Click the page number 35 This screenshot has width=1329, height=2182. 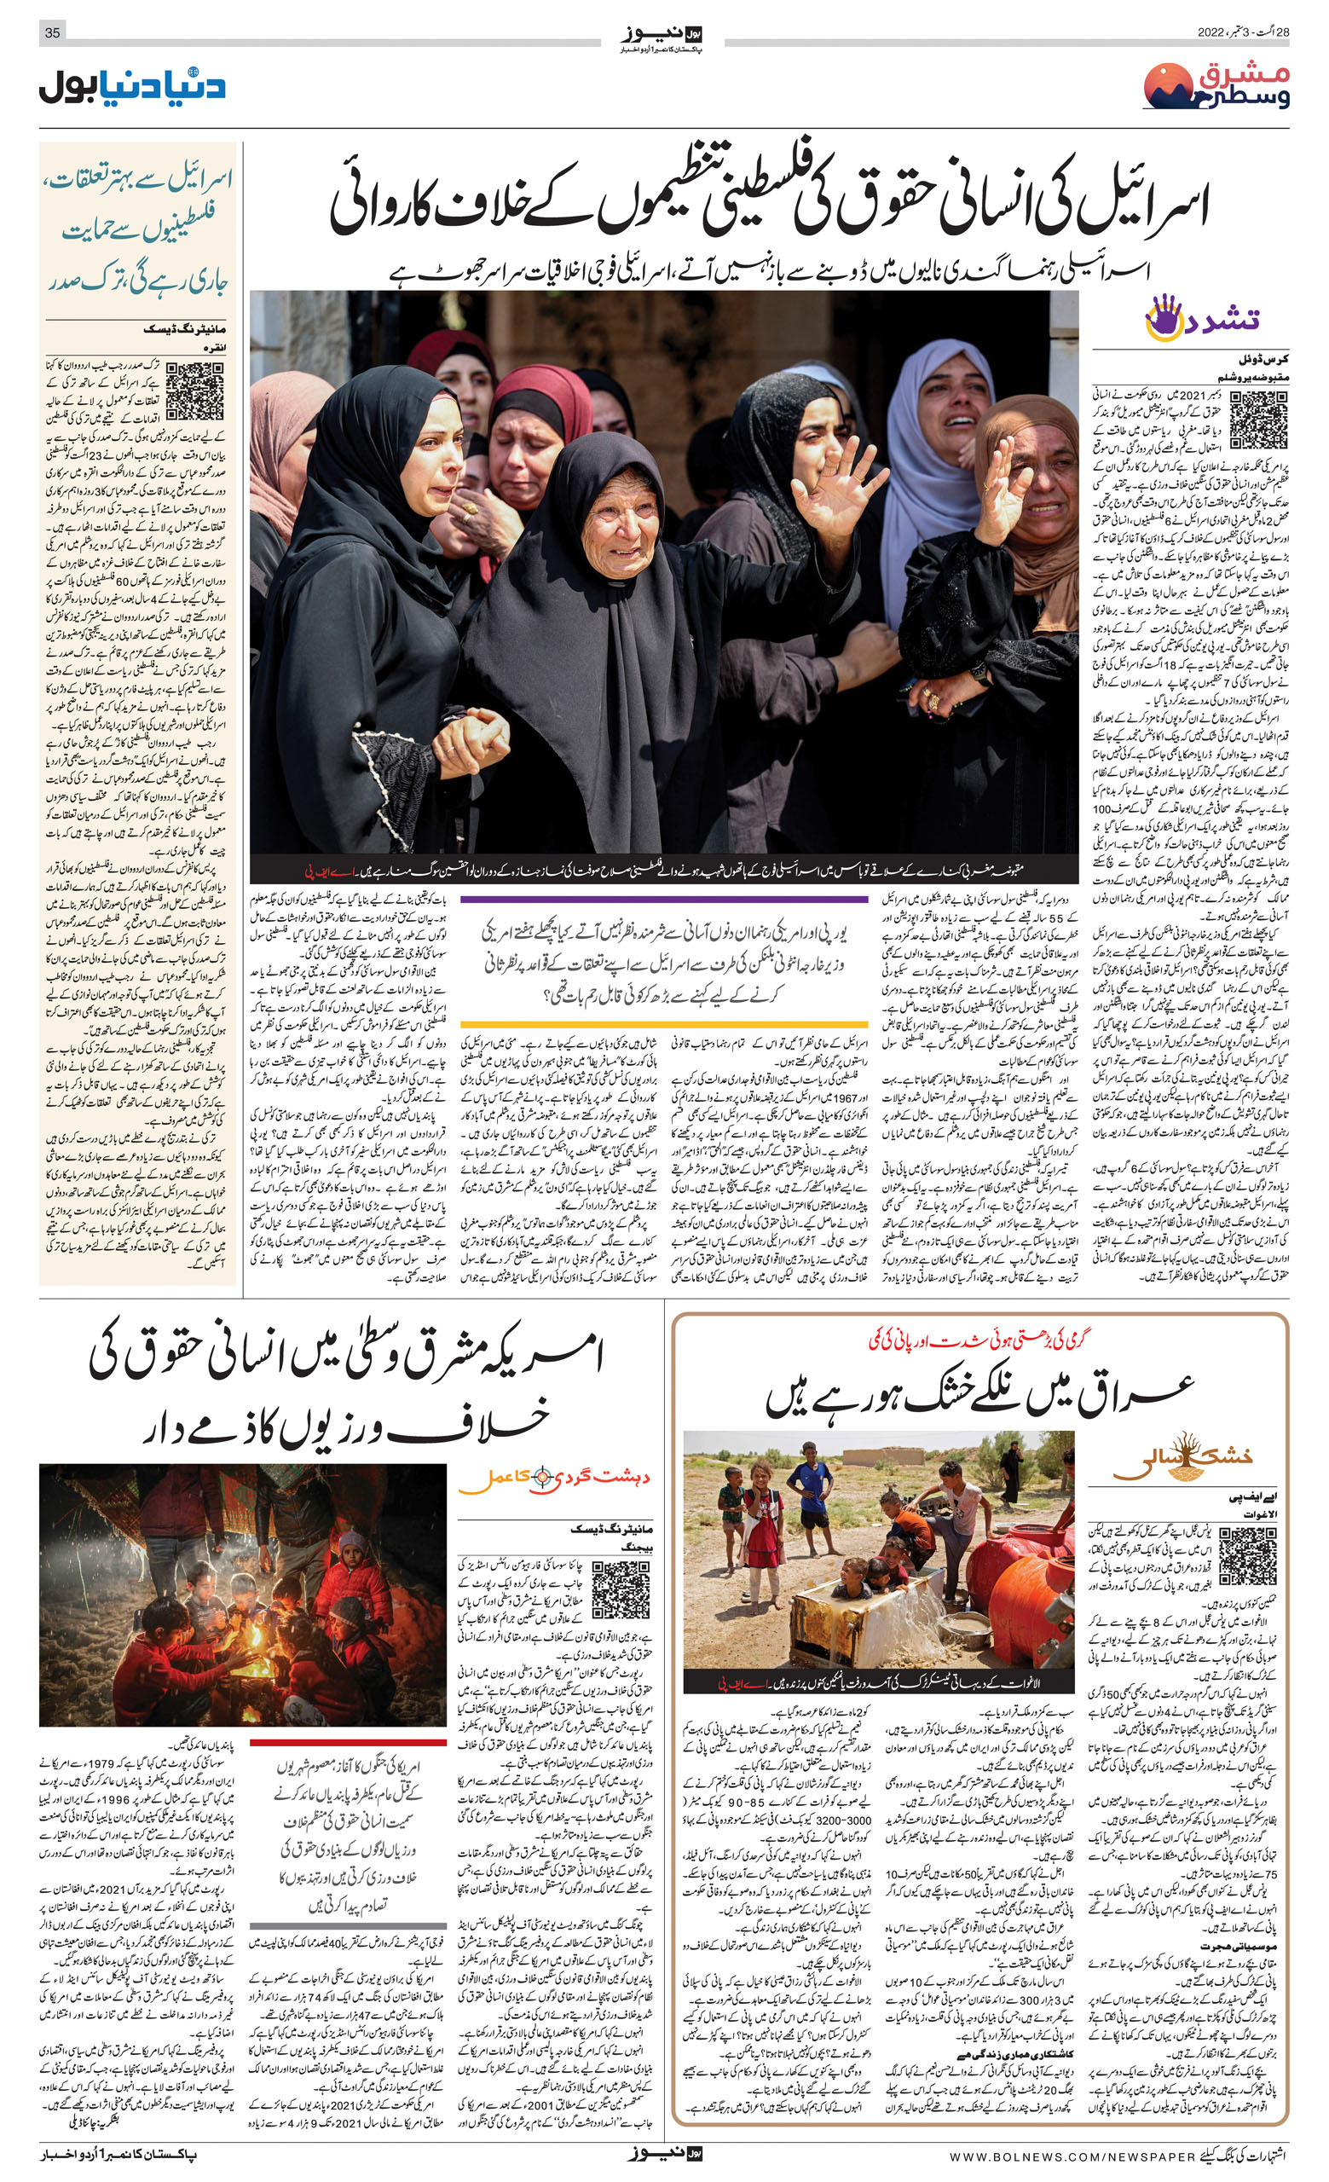click(x=52, y=32)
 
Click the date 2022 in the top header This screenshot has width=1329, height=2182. click(x=1211, y=32)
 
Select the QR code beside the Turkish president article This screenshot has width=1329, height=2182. click(x=195, y=390)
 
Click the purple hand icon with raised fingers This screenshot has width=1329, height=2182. click(x=1164, y=317)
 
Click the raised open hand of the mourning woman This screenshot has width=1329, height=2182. click(x=833, y=479)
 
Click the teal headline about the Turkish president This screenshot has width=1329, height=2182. click(x=139, y=230)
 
